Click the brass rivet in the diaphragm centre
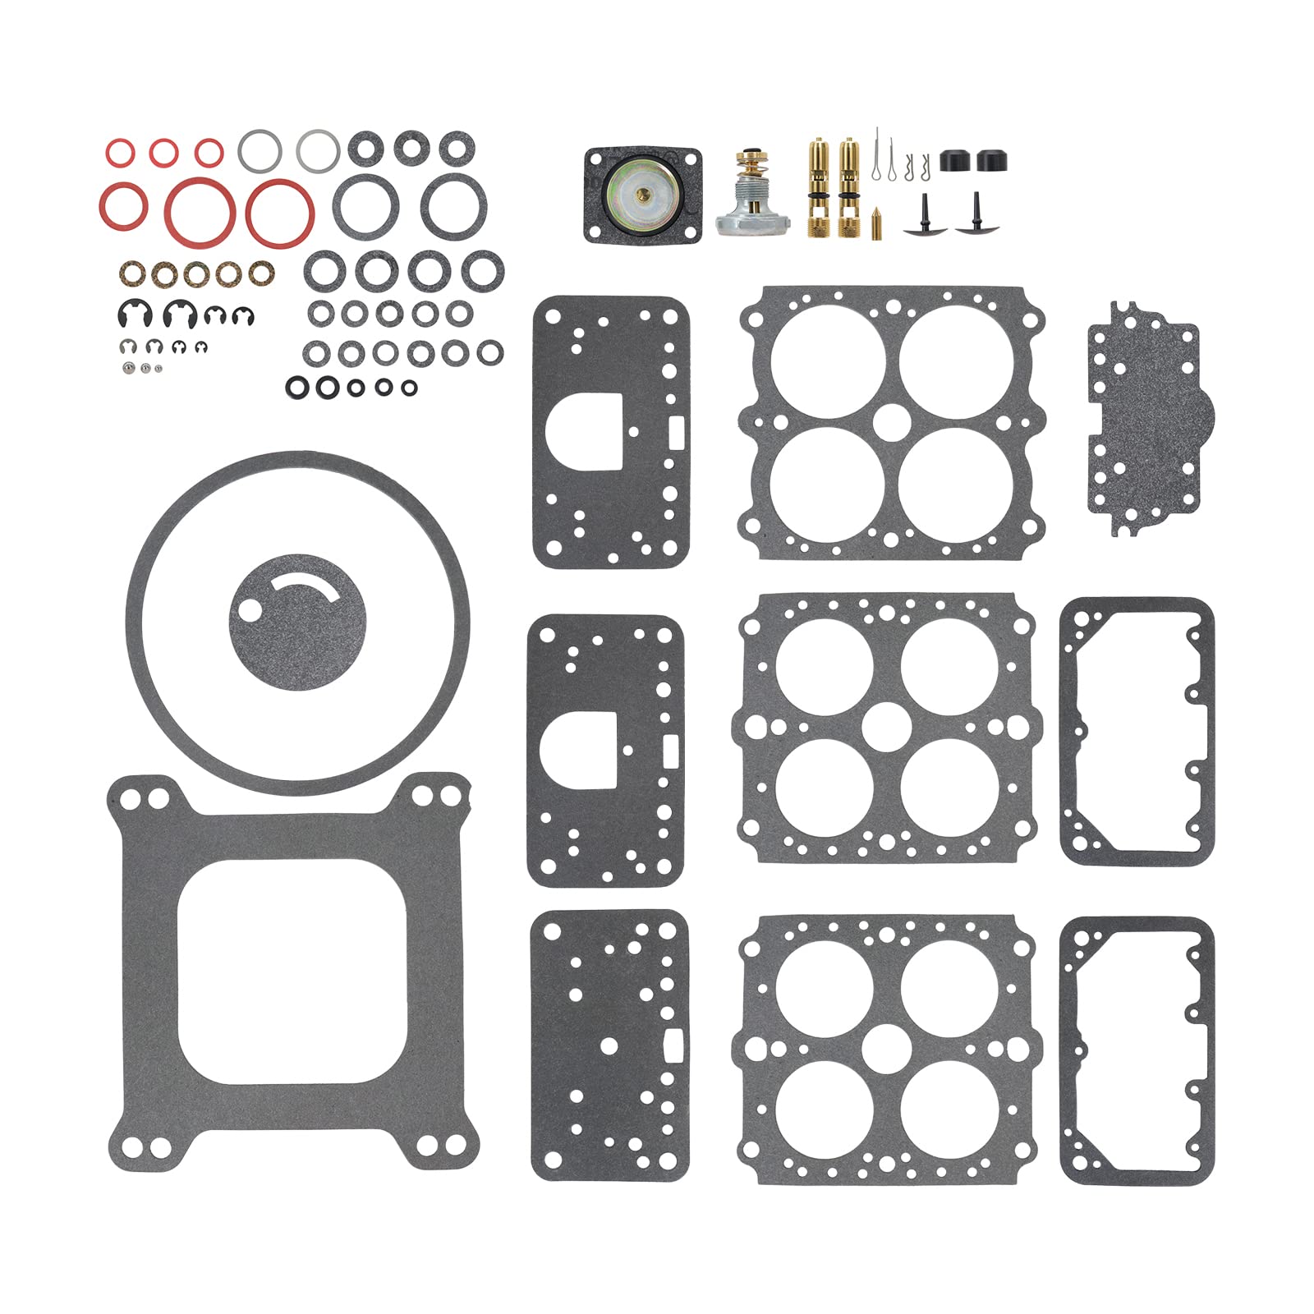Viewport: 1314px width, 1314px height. [642, 194]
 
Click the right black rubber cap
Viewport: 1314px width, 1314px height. [992, 160]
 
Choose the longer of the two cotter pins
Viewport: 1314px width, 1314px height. [877, 154]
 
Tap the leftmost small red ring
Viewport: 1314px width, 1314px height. [120, 153]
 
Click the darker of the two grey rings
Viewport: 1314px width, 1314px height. [260, 152]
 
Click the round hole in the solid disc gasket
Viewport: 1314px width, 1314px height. [249, 610]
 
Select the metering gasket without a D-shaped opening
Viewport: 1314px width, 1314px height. [609, 1045]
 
